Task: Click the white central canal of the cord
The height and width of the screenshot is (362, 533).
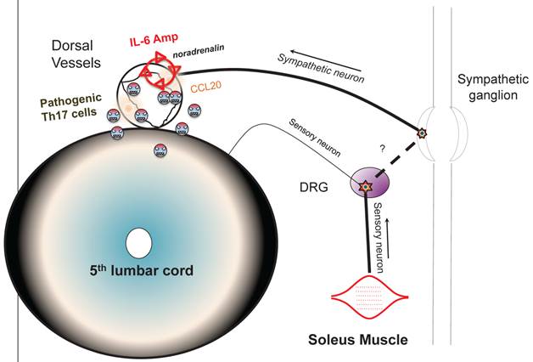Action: click(x=135, y=242)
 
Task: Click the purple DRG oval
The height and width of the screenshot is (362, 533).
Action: click(x=368, y=182)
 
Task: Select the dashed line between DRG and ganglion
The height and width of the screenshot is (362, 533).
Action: click(x=396, y=159)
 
